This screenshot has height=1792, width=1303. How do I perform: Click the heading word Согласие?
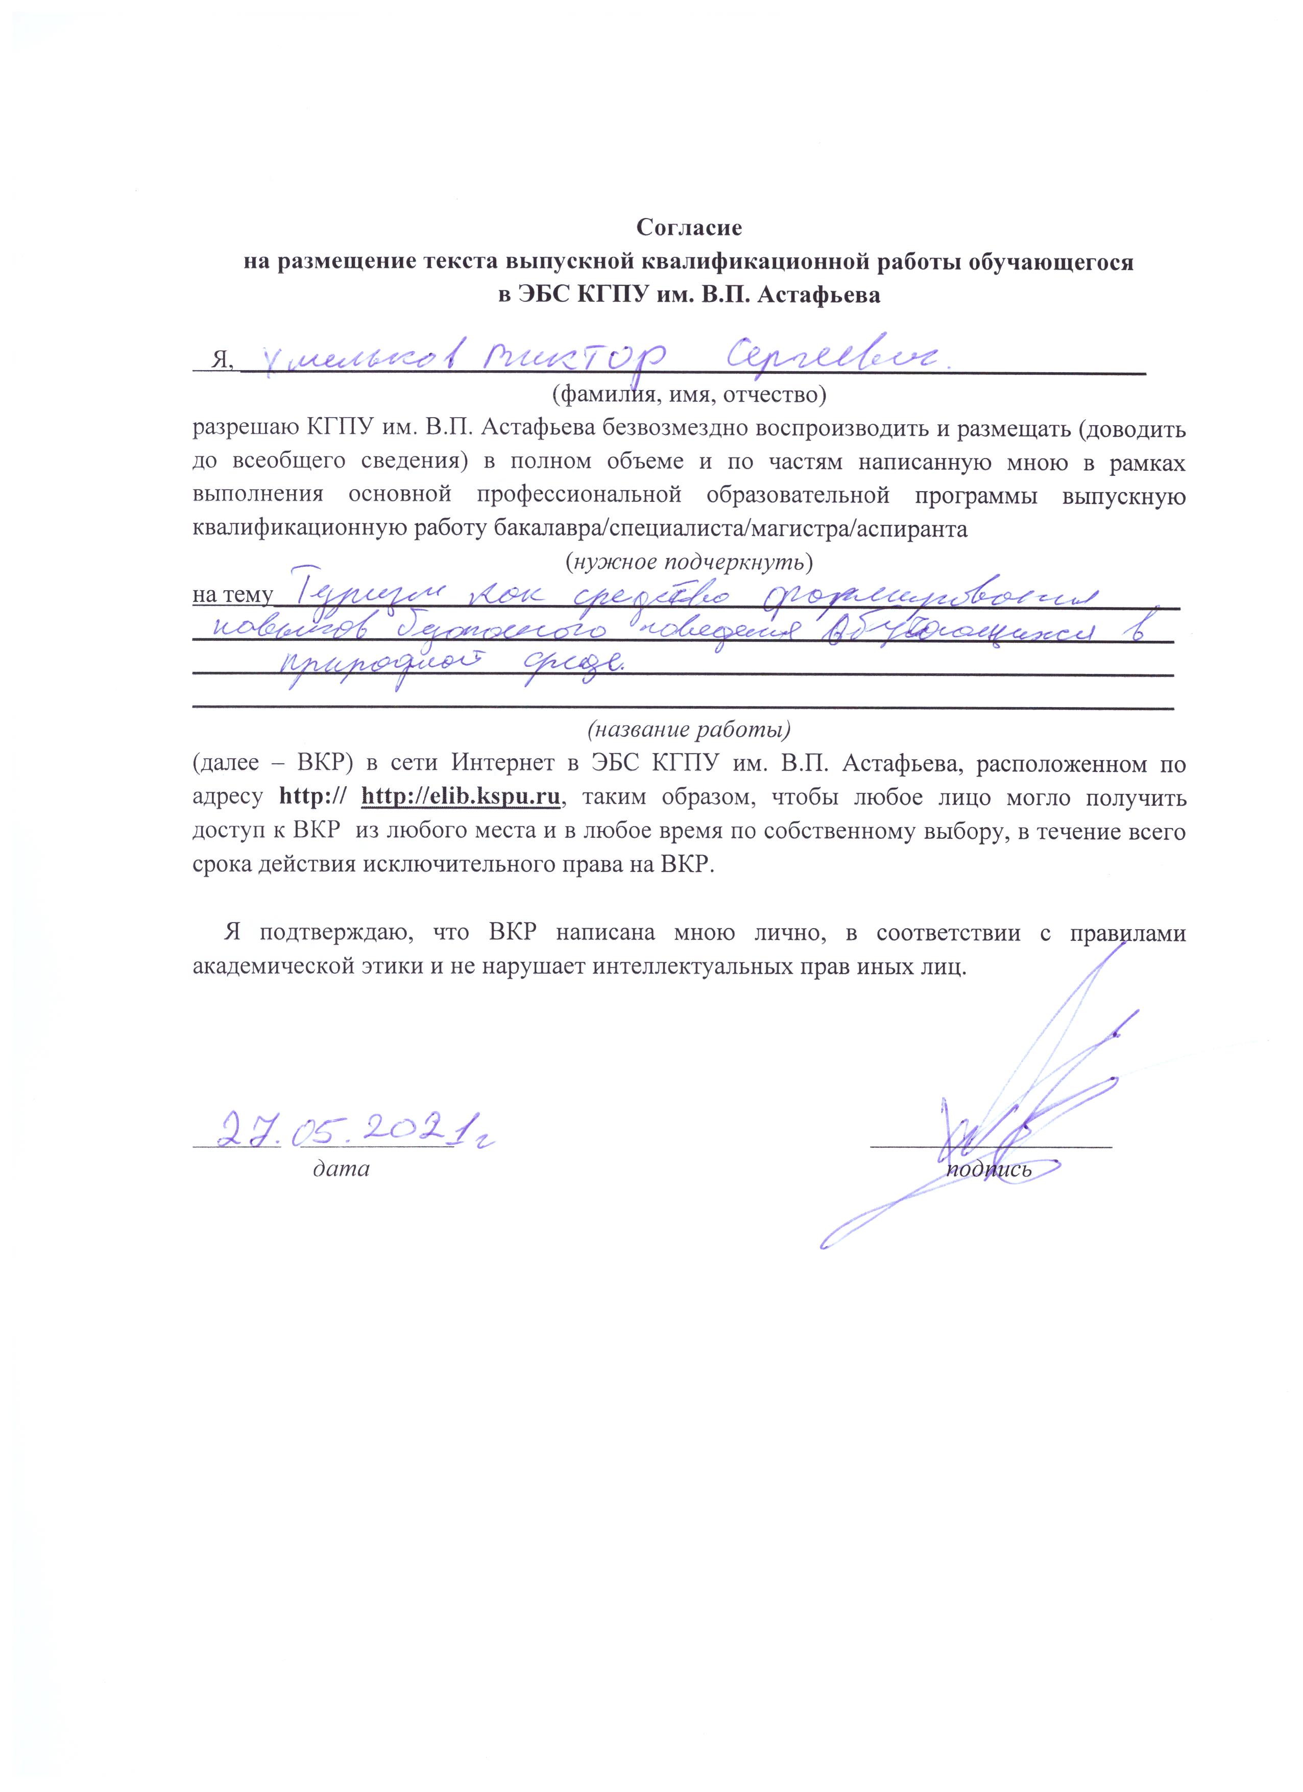pyautogui.click(x=690, y=228)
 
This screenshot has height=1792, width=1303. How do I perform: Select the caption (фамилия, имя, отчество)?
pyautogui.click(x=689, y=392)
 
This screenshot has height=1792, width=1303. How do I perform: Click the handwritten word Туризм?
pyautogui.click(x=371, y=593)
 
